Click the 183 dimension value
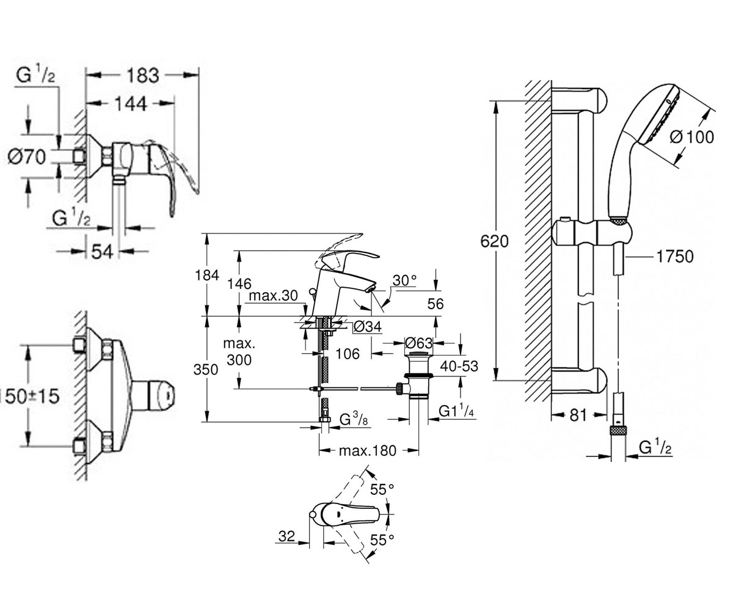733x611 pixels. [x=143, y=76]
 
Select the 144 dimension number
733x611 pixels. [x=131, y=104]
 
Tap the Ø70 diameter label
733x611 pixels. [x=27, y=156]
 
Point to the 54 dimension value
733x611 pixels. [x=103, y=251]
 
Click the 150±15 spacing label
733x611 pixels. [x=29, y=397]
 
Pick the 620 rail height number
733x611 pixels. [x=494, y=241]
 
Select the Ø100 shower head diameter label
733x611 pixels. [x=691, y=137]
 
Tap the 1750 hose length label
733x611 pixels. [x=675, y=257]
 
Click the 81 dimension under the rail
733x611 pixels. [x=578, y=415]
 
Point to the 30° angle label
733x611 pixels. [x=405, y=280]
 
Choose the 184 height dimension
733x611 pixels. [x=207, y=275]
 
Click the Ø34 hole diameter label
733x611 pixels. [x=367, y=327]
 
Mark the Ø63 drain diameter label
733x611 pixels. [x=418, y=343]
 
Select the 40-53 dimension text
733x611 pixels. [x=459, y=366]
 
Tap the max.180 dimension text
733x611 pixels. [x=368, y=450]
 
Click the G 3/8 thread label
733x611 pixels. [x=354, y=419]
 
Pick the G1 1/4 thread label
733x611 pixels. [x=457, y=411]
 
